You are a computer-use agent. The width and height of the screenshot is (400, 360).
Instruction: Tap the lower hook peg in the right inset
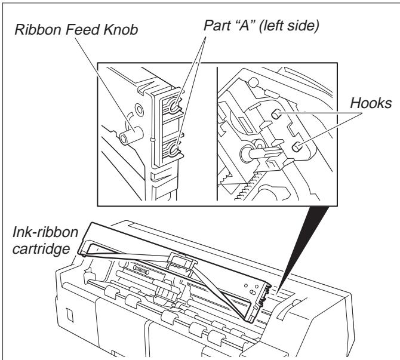[x=296, y=146]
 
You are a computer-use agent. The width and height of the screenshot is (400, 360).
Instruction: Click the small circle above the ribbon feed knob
[x=139, y=110]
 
